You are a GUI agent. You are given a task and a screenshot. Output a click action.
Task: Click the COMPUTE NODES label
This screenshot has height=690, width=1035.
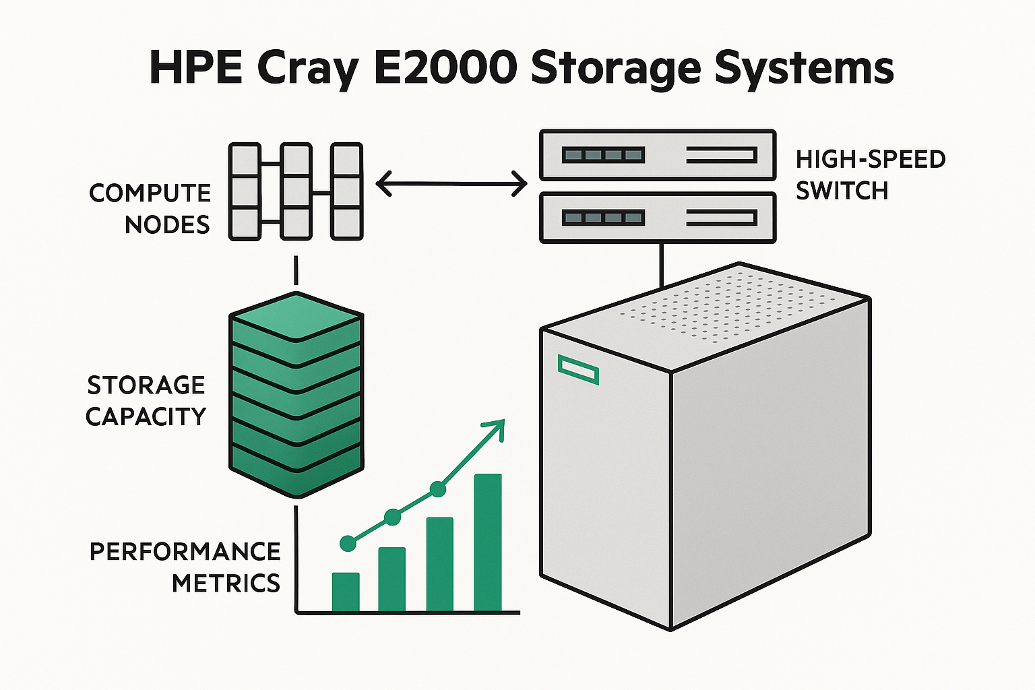pos(150,209)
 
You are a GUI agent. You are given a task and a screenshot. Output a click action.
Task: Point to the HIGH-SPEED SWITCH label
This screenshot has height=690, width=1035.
pos(871,175)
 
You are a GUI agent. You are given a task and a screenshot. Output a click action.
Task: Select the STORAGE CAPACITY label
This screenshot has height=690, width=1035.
pos(146,401)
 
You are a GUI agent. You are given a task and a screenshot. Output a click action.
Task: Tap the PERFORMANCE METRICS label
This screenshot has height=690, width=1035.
pos(185,567)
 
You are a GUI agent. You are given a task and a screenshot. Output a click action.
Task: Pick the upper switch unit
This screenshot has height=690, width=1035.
pos(658,156)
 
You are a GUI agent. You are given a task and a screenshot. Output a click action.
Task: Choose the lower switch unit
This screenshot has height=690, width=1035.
pos(658,218)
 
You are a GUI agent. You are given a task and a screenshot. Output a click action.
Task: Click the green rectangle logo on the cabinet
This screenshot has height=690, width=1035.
pos(578,369)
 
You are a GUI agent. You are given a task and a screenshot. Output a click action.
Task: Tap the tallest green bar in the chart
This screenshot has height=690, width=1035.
pos(488,542)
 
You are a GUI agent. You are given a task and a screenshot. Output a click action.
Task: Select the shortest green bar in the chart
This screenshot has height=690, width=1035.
pos(346,592)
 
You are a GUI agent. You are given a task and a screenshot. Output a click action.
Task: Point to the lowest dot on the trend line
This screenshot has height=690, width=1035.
pos(348,543)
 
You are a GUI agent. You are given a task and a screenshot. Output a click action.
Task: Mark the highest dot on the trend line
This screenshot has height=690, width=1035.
pos(438,489)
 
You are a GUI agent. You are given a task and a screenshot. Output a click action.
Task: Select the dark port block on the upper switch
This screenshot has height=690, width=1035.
pos(603,156)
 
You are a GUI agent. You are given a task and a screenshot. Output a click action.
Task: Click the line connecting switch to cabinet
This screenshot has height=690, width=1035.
pos(662,265)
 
